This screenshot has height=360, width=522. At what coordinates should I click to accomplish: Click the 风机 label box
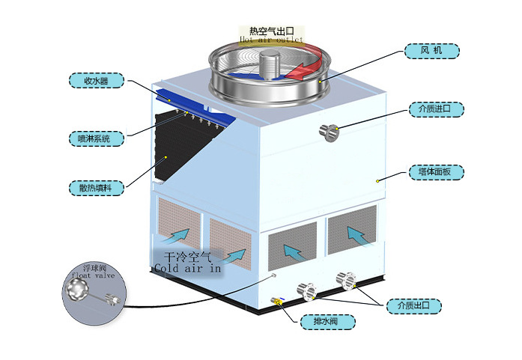coord(431,51)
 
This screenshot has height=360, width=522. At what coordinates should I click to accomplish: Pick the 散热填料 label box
coord(95,188)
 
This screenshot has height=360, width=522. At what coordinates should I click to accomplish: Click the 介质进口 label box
coord(436,109)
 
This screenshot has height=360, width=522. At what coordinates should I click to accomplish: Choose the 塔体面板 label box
coord(436,171)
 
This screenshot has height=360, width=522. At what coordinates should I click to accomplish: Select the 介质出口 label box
coord(413,305)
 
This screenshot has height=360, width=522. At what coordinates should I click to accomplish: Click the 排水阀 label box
coord(327,323)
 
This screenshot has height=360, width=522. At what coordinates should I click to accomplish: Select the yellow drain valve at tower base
coord(278,302)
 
